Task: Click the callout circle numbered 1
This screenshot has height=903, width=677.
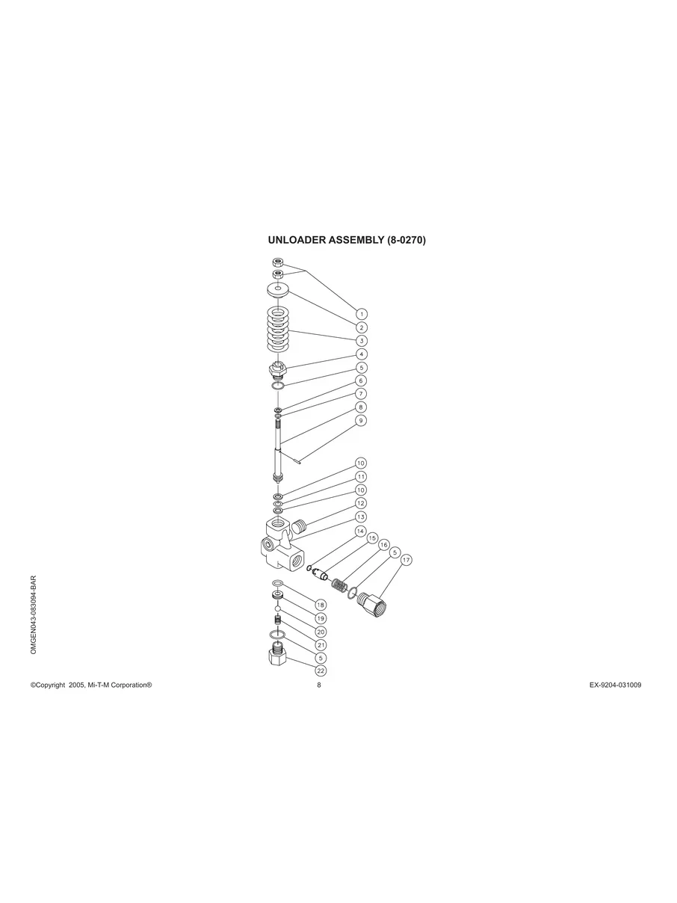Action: tap(361, 314)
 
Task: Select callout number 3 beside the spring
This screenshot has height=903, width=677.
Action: tap(361, 340)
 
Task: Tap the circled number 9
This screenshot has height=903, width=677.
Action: tap(361, 420)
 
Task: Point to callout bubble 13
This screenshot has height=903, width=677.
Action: tap(361, 517)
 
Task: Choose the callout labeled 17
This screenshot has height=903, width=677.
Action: tap(406, 560)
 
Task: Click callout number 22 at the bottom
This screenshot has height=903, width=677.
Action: tap(321, 671)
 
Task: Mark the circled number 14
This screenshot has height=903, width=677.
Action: tap(361, 531)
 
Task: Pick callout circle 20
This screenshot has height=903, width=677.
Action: tap(321, 632)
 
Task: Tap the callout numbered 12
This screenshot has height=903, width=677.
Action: tap(361, 503)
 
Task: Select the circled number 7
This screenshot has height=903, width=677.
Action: tap(361, 393)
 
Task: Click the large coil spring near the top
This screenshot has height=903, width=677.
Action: tap(278, 330)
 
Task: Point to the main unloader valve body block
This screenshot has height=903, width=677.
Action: tap(279, 544)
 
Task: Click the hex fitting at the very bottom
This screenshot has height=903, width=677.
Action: tap(277, 660)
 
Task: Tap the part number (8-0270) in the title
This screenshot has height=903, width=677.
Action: tap(406, 241)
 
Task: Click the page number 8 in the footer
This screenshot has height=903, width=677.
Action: tap(319, 685)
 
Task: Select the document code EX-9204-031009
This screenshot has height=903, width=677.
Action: tap(615, 685)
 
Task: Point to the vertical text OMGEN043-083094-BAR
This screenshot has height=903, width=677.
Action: tap(34, 615)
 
